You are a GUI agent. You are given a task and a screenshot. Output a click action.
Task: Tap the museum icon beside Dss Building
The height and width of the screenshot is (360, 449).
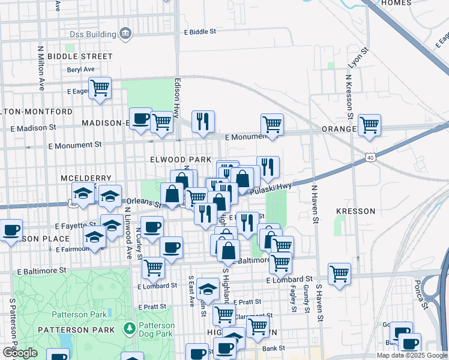(126, 33)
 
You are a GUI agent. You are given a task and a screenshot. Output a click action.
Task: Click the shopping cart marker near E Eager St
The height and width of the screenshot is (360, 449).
(100, 88)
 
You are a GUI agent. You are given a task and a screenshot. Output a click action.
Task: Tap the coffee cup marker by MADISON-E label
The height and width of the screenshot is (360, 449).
(141, 118)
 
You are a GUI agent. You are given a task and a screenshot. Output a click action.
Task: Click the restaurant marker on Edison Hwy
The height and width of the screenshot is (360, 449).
(203, 122)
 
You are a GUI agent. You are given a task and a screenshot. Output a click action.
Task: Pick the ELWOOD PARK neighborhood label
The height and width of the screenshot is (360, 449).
(181, 160)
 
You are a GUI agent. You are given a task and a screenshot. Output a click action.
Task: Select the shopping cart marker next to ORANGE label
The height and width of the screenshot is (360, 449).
(369, 125)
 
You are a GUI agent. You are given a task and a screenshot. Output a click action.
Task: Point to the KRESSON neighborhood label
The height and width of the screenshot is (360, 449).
(355, 211)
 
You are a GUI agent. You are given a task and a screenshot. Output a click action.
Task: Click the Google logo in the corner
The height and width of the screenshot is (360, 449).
(20, 353)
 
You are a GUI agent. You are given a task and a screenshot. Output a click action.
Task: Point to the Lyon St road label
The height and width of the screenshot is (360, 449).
(358, 58)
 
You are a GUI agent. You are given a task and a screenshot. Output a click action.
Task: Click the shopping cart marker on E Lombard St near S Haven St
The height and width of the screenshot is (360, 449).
(340, 274)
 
